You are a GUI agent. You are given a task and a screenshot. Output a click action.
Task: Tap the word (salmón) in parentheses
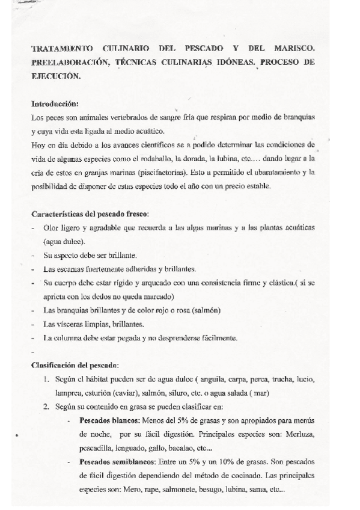pyautogui.click(x=204, y=310)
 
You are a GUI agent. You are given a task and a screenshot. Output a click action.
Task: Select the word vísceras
pyautogui.click(x=66, y=324)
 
